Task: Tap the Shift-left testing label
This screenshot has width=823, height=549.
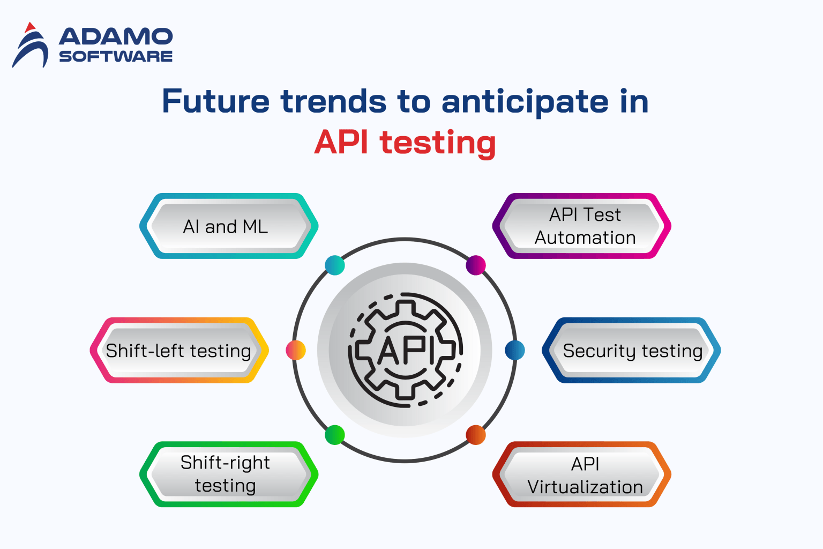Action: point(179,351)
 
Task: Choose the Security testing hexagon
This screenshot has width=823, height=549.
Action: point(632,351)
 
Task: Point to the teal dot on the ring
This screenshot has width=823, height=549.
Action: point(335,265)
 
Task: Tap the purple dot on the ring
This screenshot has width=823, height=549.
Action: point(476,265)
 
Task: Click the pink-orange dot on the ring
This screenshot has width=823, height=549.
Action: point(296,350)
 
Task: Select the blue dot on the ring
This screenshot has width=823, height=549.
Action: point(515,350)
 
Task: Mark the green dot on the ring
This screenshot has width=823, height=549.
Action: point(335,435)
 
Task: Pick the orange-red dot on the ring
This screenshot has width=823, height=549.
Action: point(476,435)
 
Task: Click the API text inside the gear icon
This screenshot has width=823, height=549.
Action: point(406,351)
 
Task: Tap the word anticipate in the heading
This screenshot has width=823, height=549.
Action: point(525,101)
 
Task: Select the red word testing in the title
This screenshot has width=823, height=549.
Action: point(438,143)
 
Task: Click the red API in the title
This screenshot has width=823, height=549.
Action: point(341,143)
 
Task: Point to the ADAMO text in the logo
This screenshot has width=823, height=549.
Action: point(116,37)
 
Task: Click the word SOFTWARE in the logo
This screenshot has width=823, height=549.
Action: point(116,56)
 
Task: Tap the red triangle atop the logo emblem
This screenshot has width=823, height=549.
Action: point(30,27)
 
